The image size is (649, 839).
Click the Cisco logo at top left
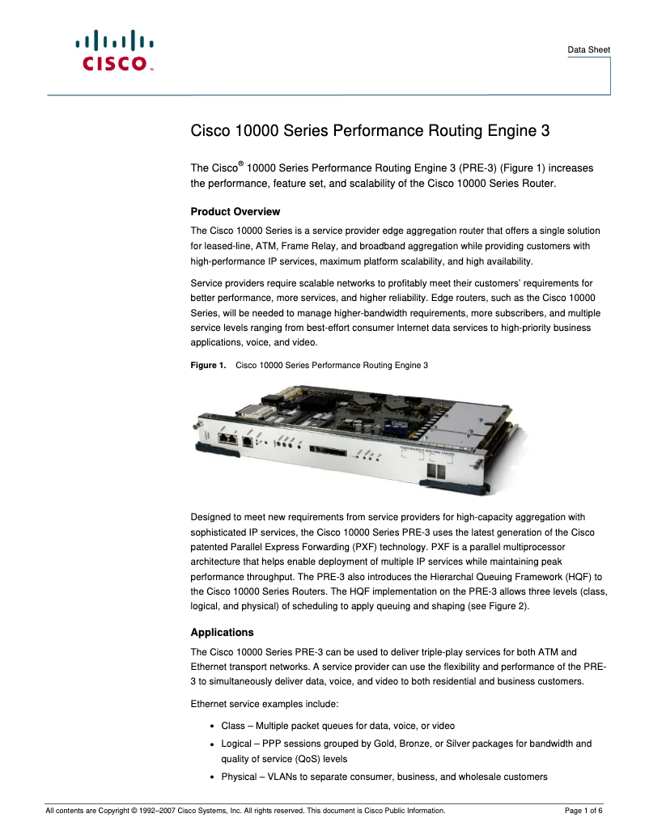pos(113,51)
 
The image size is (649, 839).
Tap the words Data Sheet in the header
pos(588,50)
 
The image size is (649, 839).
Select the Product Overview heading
pos(235,212)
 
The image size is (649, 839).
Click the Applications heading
pos(222,633)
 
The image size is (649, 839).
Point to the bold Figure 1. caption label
pos(208,366)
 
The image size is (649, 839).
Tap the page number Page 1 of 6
pos(583,811)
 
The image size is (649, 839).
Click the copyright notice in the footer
pos(244,811)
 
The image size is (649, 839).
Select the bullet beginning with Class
pos(343,726)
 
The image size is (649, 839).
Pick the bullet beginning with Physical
pos(384,778)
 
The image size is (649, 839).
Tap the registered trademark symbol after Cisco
pos(240,164)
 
